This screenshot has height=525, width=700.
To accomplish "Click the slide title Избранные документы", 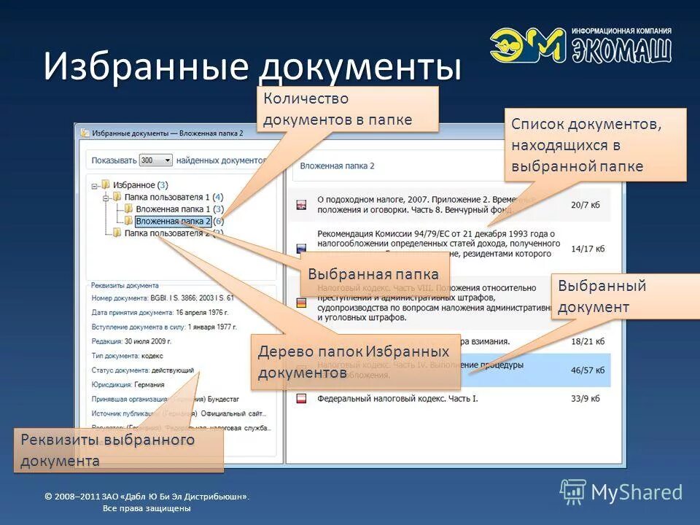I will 252,67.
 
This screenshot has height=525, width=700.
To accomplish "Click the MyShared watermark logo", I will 621,491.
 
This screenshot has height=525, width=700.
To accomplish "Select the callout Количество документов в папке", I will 347,109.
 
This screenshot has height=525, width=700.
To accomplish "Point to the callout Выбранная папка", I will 373,275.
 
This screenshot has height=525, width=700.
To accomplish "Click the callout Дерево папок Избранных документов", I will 355,362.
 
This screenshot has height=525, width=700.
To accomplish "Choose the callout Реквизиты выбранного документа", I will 118,451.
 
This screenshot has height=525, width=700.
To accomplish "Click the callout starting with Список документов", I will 596,144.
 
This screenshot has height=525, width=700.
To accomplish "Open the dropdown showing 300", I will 156,160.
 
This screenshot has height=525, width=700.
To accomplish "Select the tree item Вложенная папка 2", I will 173,221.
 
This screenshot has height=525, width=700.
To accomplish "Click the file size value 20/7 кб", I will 586,206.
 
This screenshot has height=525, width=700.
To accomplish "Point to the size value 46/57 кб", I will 588,370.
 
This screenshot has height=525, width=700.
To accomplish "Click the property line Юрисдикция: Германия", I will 128,384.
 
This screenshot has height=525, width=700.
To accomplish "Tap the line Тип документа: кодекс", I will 127,356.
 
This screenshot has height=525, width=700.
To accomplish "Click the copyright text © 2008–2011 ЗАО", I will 146,497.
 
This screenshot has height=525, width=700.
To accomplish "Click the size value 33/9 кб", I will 586,398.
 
